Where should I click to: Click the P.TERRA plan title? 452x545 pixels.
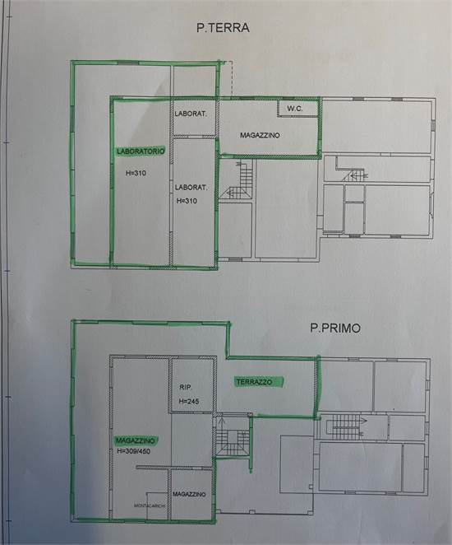(x=223, y=27)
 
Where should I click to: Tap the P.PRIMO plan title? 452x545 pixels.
(x=336, y=327)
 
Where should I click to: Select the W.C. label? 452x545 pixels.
(x=295, y=108)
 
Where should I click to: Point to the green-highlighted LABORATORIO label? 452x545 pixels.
(x=141, y=151)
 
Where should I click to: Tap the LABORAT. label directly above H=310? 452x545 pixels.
(x=192, y=187)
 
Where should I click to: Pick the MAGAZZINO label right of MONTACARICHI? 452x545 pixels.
(x=190, y=493)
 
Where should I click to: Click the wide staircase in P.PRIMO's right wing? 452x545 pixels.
(x=345, y=426)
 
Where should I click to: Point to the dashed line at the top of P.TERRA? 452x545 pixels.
(x=232, y=77)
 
